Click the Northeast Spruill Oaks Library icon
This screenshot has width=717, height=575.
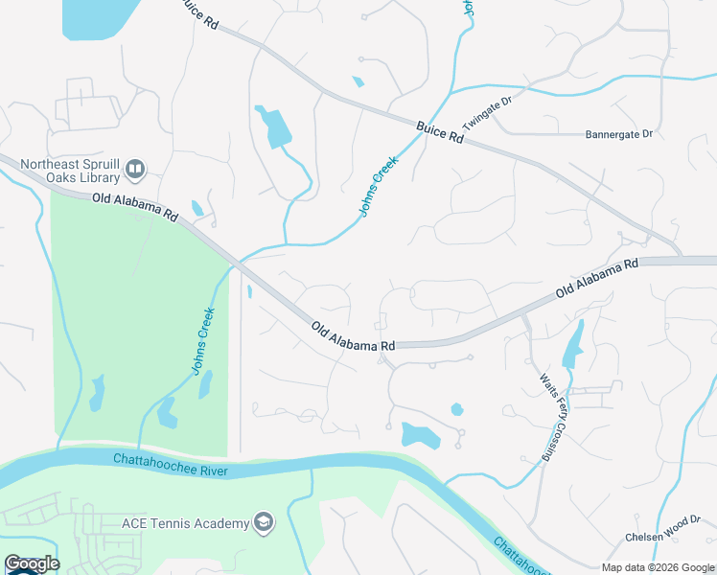(135, 171)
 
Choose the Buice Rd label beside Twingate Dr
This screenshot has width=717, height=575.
(440, 132)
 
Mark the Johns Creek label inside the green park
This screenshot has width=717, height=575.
(202, 339)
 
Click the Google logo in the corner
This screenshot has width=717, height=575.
(32, 563)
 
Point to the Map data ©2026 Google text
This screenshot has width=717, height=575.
(658, 567)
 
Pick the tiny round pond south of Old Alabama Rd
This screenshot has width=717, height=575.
(457, 409)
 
